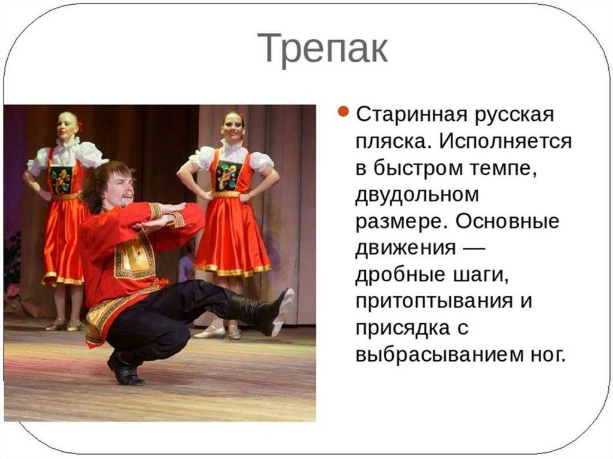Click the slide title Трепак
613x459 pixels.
point(323,48)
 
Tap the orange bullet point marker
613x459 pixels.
point(342,111)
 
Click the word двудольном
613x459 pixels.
point(417,194)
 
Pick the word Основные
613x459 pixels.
point(507,221)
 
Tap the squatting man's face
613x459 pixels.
point(119,189)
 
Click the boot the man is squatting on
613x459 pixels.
point(125,369)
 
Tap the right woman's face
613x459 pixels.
point(233,127)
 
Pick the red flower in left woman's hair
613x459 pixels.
point(81,126)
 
